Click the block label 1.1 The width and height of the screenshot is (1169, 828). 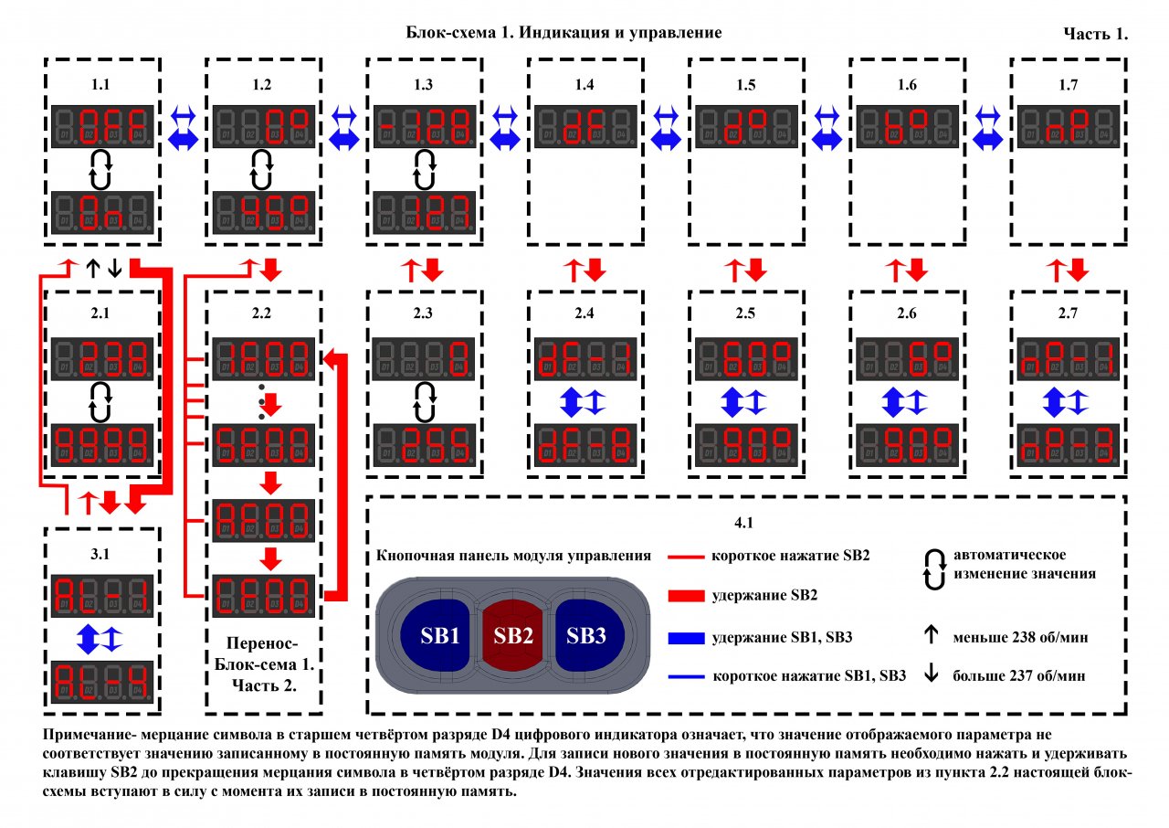click(x=100, y=85)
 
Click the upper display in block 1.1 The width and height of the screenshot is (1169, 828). click(x=100, y=127)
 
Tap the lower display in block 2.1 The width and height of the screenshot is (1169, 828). click(x=100, y=444)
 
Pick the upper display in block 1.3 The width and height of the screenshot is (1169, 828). click(x=425, y=127)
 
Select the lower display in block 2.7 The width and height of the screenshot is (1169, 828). click(x=1066, y=444)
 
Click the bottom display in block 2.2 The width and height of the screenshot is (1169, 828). click(x=264, y=597)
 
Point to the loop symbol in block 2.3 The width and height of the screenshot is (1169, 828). click(x=425, y=398)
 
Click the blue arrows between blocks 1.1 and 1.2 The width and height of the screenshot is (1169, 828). click(x=183, y=127)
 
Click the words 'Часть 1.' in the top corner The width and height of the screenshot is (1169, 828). click(x=1095, y=34)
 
